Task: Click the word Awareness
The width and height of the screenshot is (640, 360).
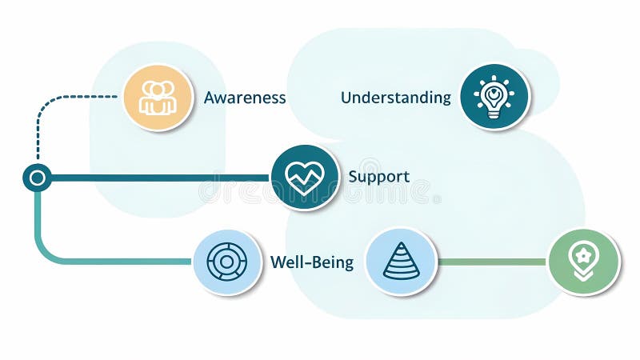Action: coord(244,98)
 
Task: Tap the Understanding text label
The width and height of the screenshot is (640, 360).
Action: coord(395,98)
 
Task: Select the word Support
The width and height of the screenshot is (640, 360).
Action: coord(378,176)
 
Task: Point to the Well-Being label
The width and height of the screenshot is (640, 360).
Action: coord(311,262)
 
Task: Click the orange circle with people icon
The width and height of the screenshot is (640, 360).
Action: coord(158,98)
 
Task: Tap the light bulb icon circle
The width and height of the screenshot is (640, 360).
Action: coord(494,97)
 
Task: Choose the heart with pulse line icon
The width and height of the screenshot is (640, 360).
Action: coord(305,177)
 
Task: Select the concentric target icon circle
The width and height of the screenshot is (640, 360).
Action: coord(226,262)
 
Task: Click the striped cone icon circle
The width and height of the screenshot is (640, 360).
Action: coord(401,262)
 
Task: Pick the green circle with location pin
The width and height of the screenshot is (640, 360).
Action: coord(583,262)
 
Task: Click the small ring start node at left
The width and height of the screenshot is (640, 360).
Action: coord(37,177)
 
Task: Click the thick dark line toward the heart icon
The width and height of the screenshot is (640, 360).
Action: coord(160,177)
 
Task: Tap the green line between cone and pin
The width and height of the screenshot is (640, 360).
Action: coord(492,262)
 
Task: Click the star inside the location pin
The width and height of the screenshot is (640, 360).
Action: coord(583,255)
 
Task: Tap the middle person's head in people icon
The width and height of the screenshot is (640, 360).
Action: coord(158,90)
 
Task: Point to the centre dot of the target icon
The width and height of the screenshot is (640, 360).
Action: coord(226,262)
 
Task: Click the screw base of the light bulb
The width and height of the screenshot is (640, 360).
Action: coord(494,114)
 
